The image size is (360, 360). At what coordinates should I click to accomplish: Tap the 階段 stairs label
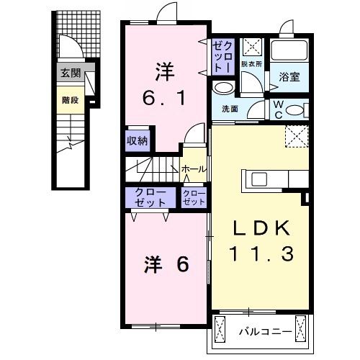point(70,101)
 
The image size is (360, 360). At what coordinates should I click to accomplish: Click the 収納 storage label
point(138,141)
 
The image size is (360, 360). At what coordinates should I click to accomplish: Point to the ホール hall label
point(194,170)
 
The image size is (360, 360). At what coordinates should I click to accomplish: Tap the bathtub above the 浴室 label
point(289,51)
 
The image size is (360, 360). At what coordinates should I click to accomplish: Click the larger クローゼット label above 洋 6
point(146,197)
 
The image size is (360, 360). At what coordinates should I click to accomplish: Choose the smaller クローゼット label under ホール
point(194,197)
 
